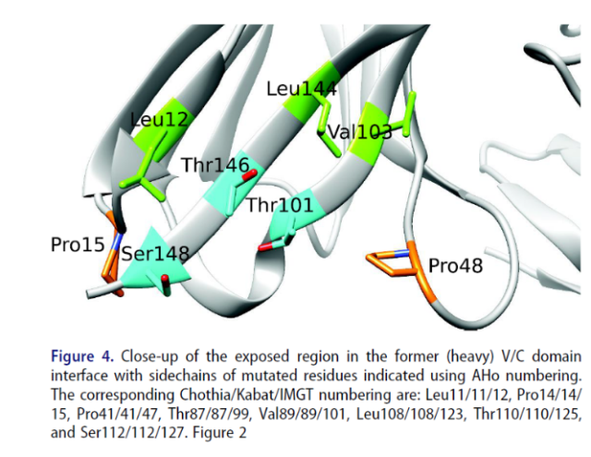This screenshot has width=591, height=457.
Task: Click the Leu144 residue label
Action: pos(302,90)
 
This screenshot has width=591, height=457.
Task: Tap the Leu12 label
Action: pos(159,119)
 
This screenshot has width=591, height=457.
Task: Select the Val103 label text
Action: pos(360,132)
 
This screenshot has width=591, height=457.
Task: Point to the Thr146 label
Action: pos(215,164)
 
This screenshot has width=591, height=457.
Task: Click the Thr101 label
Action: pos(280,205)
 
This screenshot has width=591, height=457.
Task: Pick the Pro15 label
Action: pos(78,245)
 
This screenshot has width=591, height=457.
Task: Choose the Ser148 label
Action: pos(155,253)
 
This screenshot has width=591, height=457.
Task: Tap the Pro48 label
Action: pos(455,266)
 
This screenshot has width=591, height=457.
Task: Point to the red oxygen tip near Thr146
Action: pos(249,175)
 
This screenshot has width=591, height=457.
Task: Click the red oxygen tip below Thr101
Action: pos(265,247)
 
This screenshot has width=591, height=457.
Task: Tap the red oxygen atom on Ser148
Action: pos(165,279)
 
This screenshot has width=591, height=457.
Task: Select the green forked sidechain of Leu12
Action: pos(144,177)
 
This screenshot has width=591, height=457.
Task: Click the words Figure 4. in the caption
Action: pos(82,356)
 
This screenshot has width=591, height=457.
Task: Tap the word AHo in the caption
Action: pos(486,375)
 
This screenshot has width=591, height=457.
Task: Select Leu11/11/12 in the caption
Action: pos(467,395)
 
